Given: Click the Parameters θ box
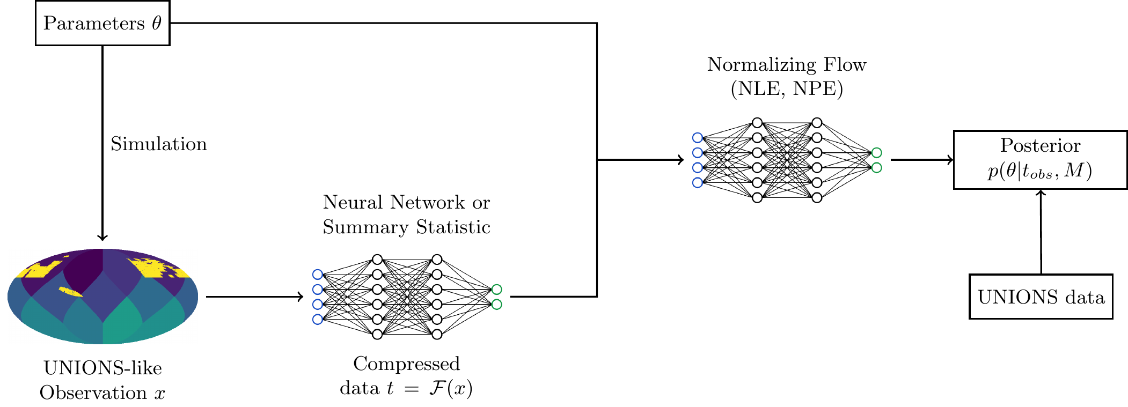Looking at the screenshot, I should pos(102,23).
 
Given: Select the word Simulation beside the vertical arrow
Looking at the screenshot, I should pos(158,144).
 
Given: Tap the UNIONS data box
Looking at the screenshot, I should pos(1041,297).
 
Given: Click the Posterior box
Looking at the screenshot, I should pos(1040,159).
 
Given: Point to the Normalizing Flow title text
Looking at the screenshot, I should pos(786,64).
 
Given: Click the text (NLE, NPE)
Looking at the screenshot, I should pos(787,88).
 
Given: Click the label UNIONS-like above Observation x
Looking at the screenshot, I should pos(102,368).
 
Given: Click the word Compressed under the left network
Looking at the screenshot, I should pos(406,364).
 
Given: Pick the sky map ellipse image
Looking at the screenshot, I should pos(102,296).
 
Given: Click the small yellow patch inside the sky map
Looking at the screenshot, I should pos(70,292).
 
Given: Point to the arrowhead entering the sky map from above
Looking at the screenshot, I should pos(102,237).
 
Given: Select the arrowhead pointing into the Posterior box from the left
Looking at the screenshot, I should pos(950,159).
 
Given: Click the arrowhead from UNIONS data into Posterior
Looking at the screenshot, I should pos(1041,193).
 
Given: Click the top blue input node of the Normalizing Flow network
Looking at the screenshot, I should pos(697,138).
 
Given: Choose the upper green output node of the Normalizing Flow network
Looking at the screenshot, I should pos(876,153).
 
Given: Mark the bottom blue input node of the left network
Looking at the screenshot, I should pos(317,320).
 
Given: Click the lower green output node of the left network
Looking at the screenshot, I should pos(497,305).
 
